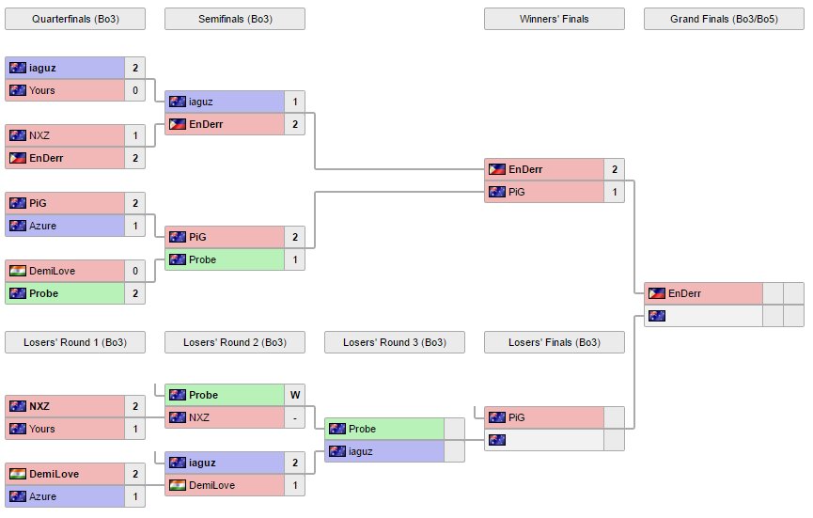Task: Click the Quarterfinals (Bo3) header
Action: click(75, 19)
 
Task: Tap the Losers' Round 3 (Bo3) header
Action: click(395, 342)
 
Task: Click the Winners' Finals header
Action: click(555, 19)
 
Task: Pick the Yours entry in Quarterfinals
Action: click(65, 90)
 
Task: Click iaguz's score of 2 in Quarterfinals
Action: click(135, 68)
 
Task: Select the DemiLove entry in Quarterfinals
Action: click(65, 271)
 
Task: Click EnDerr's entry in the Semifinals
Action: click(225, 124)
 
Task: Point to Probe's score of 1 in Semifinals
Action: click(295, 259)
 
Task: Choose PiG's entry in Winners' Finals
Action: click(544, 192)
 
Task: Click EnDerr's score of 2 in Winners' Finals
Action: click(615, 169)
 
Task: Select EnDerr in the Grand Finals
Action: click(704, 293)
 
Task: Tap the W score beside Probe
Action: click(295, 395)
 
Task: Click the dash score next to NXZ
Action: click(295, 417)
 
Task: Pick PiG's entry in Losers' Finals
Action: click(544, 417)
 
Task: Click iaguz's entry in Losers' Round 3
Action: click(384, 451)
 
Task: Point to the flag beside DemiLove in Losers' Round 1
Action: click(17, 474)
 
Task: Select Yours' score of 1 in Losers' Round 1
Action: click(135, 429)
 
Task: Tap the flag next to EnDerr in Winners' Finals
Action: click(496, 169)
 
